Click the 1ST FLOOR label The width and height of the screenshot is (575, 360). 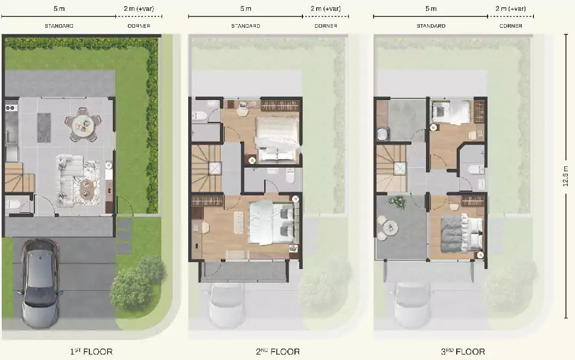(x=91, y=352)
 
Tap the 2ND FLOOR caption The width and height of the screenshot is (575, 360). (x=278, y=352)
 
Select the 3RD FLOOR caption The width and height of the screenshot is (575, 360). (x=463, y=352)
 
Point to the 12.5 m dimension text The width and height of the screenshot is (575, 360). (x=566, y=176)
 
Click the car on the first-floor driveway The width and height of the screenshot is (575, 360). (x=39, y=283)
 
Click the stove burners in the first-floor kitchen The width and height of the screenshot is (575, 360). (x=11, y=108)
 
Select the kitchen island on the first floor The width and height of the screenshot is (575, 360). (x=44, y=127)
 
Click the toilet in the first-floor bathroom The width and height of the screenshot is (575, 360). (x=10, y=204)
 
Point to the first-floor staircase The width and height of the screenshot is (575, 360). (x=19, y=177)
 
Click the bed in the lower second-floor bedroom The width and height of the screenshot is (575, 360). (x=271, y=222)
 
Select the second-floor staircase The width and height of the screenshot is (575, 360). (x=206, y=168)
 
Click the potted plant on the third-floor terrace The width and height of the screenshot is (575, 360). (x=397, y=202)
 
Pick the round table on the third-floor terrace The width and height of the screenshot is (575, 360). (x=389, y=228)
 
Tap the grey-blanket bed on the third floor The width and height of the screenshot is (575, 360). (x=462, y=233)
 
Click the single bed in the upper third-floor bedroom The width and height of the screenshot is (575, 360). (x=451, y=112)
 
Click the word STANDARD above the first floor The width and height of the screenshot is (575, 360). (x=59, y=26)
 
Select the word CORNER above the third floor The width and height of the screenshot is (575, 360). (x=511, y=26)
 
